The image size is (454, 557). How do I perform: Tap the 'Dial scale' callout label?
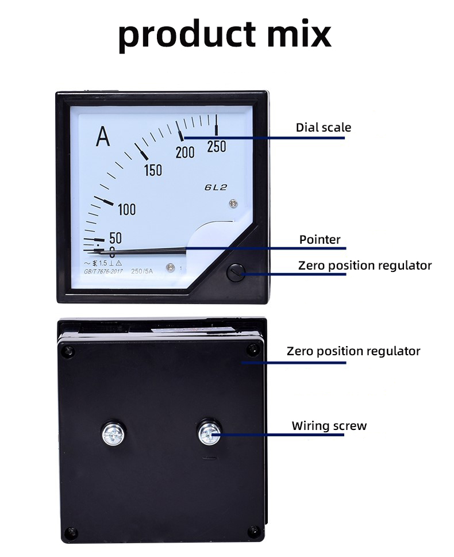(x=323, y=127)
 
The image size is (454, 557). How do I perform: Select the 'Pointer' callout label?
(x=320, y=239)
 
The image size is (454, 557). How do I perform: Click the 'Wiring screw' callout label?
(x=329, y=426)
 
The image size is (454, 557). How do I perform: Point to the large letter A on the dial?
(x=103, y=137)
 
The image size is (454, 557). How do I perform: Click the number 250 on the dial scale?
(x=216, y=147)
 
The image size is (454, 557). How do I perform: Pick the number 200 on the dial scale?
(x=185, y=152)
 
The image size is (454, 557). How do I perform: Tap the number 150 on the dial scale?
(x=153, y=170)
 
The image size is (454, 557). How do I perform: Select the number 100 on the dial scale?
(x=126, y=209)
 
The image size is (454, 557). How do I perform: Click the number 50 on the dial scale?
(x=115, y=238)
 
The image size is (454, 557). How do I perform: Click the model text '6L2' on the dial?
(x=216, y=187)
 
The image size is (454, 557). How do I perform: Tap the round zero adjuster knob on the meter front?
(x=236, y=272)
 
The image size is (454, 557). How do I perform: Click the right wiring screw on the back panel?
(x=209, y=432)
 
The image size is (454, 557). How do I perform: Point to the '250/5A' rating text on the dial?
(x=142, y=271)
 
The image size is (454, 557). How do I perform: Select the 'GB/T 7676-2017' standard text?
(x=103, y=271)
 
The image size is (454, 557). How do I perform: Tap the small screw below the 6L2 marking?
(x=233, y=203)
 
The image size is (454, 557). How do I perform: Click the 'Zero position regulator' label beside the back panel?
(x=353, y=351)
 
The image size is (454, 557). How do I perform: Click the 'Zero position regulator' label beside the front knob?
(x=364, y=266)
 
